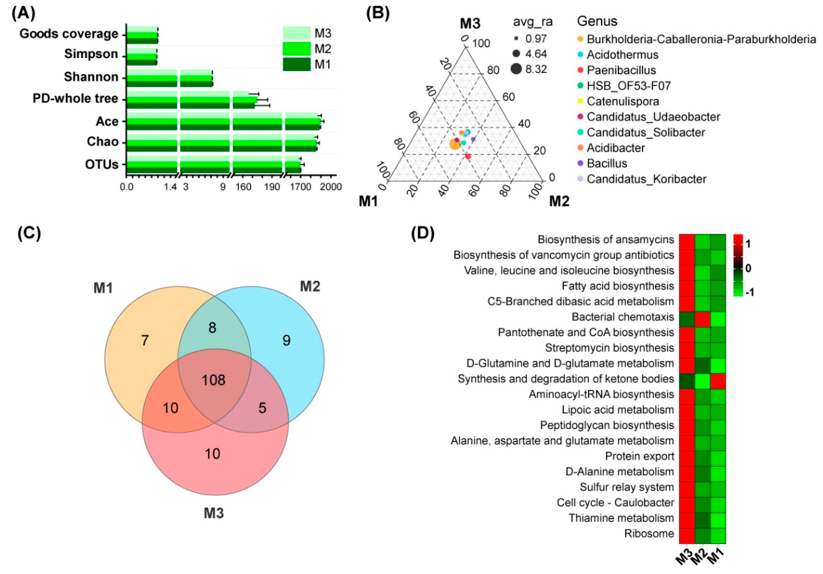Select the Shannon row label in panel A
tap(91, 77)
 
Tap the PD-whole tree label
tap(75, 98)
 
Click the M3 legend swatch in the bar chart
tap(296, 33)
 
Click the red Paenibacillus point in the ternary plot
tap(468, 156)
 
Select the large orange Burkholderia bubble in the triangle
tap(455, 144)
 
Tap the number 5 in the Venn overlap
tap(262, 408)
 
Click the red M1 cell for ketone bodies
tap(718, 379)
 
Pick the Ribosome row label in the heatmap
tap(649, 534)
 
